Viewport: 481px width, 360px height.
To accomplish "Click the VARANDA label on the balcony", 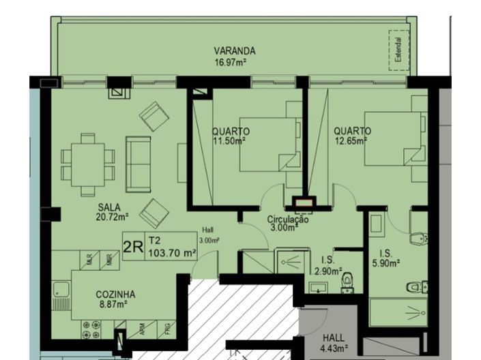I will [234, 51].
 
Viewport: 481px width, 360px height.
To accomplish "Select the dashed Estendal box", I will [398, 50].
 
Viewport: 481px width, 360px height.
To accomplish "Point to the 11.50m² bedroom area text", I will [229, 141].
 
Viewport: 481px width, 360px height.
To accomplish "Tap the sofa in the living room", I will [139, 164].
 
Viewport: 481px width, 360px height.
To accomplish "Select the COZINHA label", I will [115, 295].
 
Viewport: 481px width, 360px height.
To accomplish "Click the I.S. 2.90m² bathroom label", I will [327, 265].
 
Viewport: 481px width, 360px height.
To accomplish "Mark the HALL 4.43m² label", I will [335, 344].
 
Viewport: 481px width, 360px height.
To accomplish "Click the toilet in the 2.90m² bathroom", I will [349, 280].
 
